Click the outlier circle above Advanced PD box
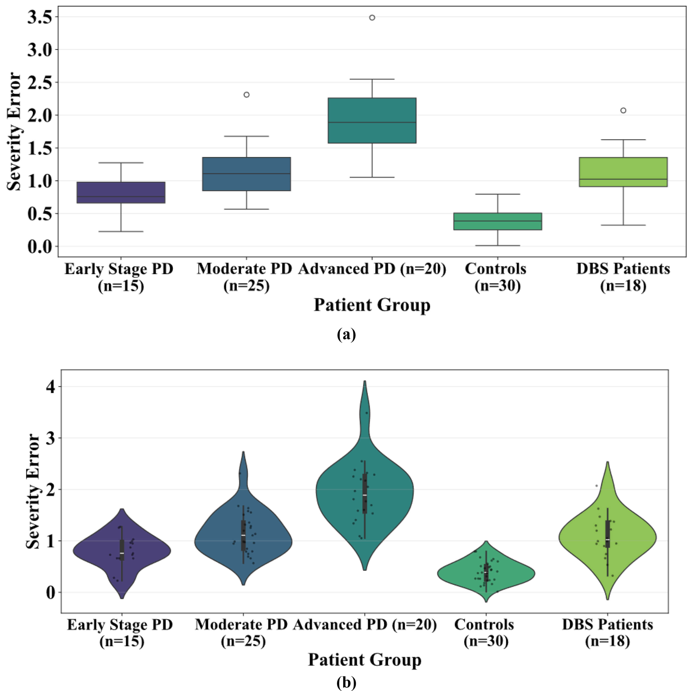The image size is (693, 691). (372, 18)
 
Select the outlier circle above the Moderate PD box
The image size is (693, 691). (246, 95)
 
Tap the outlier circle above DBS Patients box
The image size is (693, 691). (623, 110)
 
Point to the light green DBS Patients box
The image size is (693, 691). (623, 168)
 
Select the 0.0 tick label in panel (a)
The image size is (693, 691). (40, 247)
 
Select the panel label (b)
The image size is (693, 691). (346, 683)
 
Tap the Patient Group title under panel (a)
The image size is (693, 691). (372, 305)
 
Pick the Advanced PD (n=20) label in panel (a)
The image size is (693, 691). (372, 269)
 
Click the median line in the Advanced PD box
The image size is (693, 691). (372, 123)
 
